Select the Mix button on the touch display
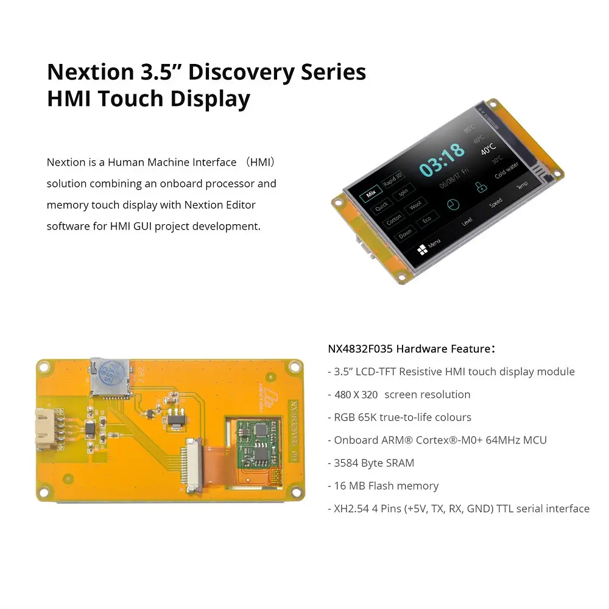(369, 195)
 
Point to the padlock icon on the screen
(481, 186)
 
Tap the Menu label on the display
(434, 244)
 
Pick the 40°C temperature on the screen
(488, 148)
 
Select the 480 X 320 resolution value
(356, 395)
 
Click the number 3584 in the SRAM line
(346, 463)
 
